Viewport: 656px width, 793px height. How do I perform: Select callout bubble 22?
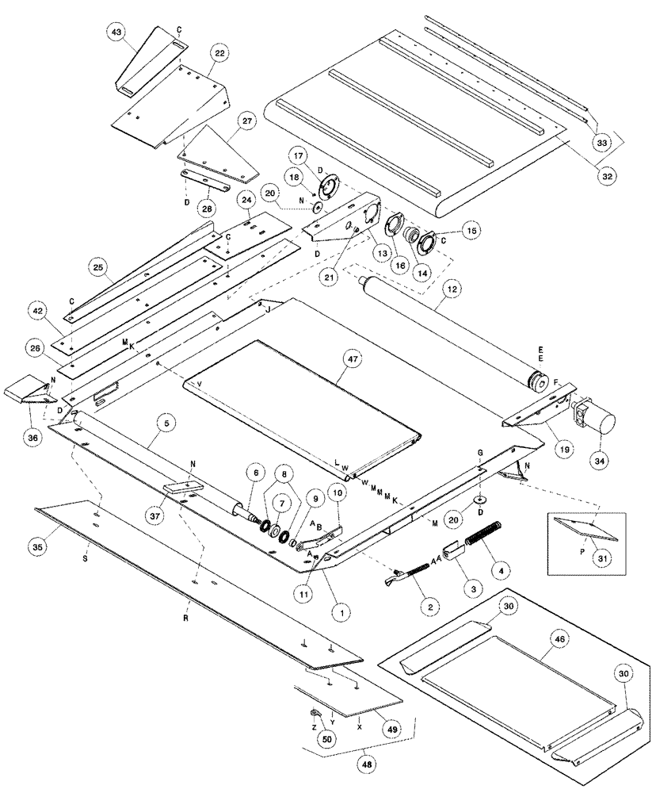click(x=219, y=52)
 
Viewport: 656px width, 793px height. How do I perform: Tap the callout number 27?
click(x=247, y=121)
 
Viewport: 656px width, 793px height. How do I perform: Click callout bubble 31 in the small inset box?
click(x=604, y=558)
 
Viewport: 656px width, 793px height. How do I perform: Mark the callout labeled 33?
click(x=603, y=142)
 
